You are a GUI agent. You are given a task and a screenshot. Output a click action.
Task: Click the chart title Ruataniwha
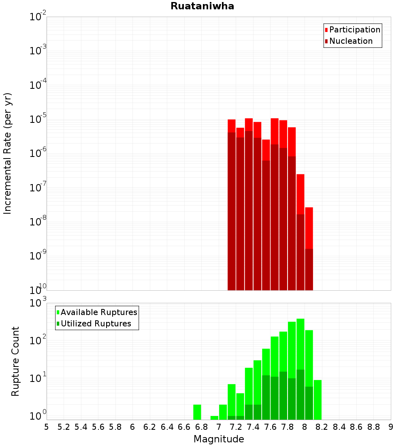pyautogui.click(x=202, y=6)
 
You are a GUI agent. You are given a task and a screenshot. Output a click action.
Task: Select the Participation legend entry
pyautogui.click(x=355, y=30)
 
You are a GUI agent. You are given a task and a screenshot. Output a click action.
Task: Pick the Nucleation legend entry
pyautogui.click(x=351, y=41)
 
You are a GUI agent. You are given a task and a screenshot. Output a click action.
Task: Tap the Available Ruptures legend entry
pyautogui.click(x=99, y=312)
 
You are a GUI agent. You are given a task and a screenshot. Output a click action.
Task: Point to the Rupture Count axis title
pyautogui.click(x=15, y=361)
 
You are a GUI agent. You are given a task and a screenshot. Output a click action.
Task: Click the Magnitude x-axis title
pyautogui.click(x=219, y=439)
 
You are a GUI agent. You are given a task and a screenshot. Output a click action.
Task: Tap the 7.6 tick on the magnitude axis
pyautogui.click(x=270, y=427)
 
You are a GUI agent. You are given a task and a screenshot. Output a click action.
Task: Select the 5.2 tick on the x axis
pyautogui.click(x=64, y=427)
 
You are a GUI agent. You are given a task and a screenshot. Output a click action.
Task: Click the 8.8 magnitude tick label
pyautogui.click(x=373, y=427)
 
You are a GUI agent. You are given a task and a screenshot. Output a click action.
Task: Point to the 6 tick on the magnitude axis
pyautogui.click(x=132, y=427)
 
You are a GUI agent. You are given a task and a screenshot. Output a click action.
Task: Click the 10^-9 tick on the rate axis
pyautogui.click(x=38, y=256)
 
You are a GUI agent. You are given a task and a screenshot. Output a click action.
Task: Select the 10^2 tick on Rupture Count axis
pyautogui.click(x=38, y=340)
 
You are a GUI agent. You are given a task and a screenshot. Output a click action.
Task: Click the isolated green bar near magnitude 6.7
pyautogui.click(x=197, y=412)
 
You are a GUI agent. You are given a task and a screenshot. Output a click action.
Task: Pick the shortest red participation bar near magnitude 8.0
pyautogui.click(x=309, y=227)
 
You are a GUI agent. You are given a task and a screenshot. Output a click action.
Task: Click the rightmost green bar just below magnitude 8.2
pyautogui.click(x=318, y=399)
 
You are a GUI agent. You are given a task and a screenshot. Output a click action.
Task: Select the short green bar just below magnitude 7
pyautogui.click(x=214, y=418)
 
